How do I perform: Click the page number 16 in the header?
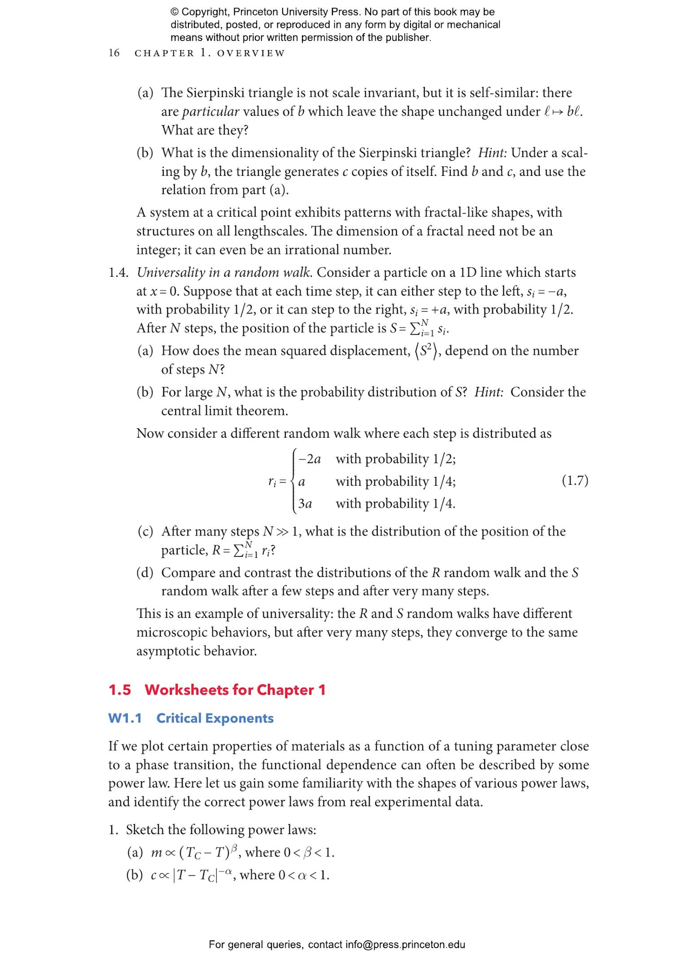[114, 53]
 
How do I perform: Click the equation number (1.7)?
[575, 480]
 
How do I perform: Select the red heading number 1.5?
[119, 690]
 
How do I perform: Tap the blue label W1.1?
[125, 718]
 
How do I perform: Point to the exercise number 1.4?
[118, 273]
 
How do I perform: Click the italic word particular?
[210, 112]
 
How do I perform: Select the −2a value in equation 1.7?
[310, 459]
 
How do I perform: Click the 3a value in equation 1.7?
[305, 504]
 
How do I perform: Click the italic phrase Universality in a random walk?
[223, 273]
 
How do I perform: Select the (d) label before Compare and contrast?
[145, 573]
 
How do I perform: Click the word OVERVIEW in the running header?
[251, 53]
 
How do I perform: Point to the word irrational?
[314, 250]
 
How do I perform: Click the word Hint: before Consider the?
[489, 392]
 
